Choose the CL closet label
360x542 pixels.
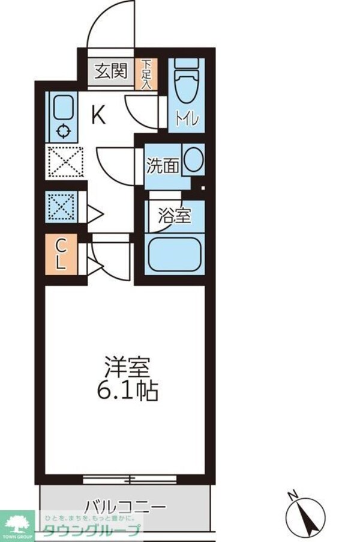tap(62, 254)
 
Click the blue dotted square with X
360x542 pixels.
tap(62, 207)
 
